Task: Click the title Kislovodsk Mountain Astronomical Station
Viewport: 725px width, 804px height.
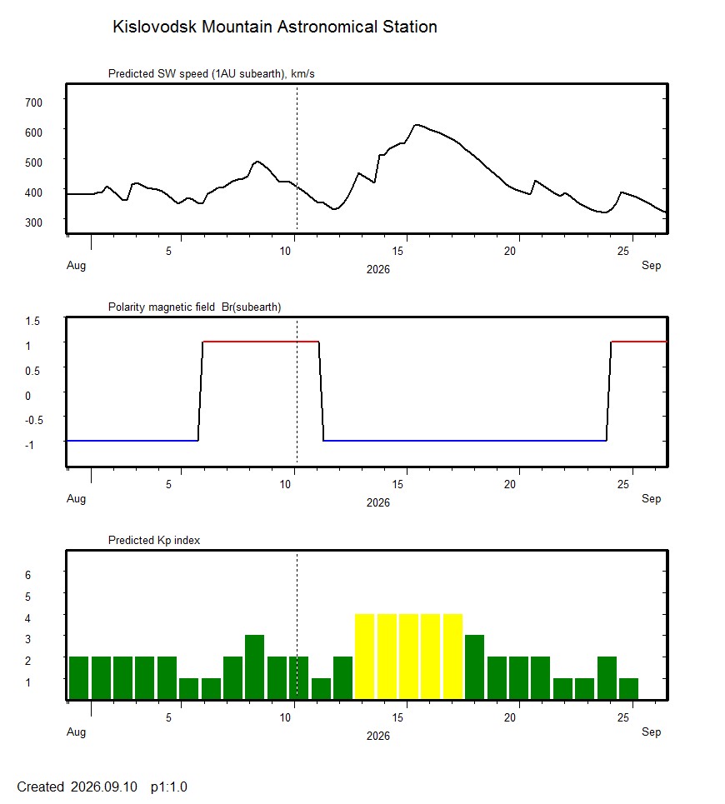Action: (275, 27)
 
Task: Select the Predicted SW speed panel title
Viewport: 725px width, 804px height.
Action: (211, 74)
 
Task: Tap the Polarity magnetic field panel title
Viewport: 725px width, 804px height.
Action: (194, 307)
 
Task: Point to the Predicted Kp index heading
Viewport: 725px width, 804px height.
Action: (154, 541)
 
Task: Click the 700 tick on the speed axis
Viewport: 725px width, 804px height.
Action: (33, 102)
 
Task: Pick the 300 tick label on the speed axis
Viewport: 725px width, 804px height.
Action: (33, 222)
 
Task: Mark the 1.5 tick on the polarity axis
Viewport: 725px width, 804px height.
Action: (32, 321)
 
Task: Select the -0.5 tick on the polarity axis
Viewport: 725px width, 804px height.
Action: (34, 420)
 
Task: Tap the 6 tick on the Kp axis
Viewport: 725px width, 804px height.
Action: (27, 576)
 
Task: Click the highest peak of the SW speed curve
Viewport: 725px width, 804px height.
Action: (417, 125)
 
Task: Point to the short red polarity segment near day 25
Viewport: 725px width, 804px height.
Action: (639, 342)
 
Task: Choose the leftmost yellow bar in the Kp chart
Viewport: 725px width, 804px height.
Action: (364, 657)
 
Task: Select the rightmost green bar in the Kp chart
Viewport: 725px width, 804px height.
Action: (628, 689)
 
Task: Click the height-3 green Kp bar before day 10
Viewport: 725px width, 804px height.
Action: (255, 667)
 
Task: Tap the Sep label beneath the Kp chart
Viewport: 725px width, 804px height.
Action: (651, 732)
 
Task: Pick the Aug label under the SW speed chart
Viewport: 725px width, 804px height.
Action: (77, 266)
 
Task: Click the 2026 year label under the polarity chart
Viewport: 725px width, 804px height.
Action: (377, 502)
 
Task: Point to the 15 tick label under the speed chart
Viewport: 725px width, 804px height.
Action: (397, 252)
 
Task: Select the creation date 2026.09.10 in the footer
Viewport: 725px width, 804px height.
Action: (104, 787)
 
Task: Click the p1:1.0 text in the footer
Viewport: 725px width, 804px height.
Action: (168, 787)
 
